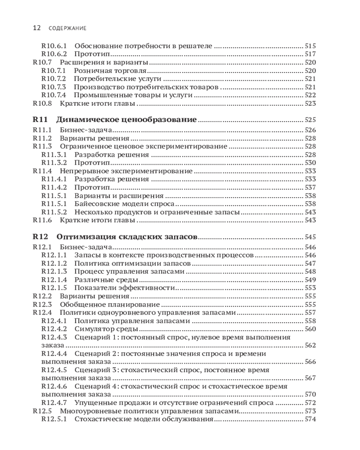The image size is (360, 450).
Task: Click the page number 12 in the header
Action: coord(37,28)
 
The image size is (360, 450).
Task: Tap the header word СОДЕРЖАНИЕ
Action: coord(67,28)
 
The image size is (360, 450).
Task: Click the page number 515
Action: coord(310,46)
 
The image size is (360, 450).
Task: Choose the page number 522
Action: coord(310,95)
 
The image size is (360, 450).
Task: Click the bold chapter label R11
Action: coord(40,120)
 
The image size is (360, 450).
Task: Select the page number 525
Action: coord(310,120)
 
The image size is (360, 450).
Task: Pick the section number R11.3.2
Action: coord(54,162)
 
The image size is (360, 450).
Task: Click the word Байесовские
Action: coord(94,203)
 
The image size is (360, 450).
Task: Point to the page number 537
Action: coord(310,187)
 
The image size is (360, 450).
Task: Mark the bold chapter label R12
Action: coord(40,237)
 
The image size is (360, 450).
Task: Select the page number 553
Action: coord(310,288)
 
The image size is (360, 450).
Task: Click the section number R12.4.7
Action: coord(54,403)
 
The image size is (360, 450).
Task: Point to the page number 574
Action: coord(310,419)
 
